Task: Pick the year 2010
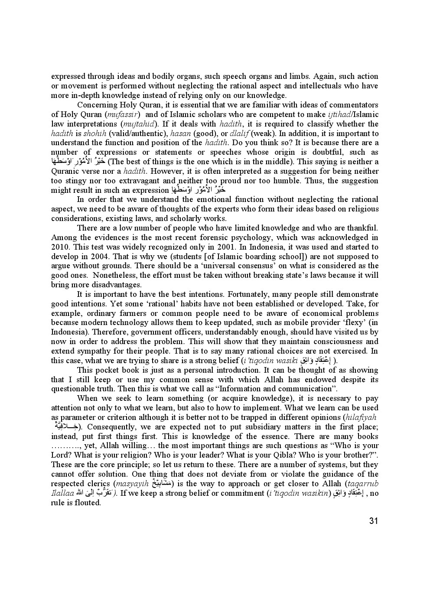60,247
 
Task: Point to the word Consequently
115,426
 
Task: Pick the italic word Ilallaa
62,493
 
